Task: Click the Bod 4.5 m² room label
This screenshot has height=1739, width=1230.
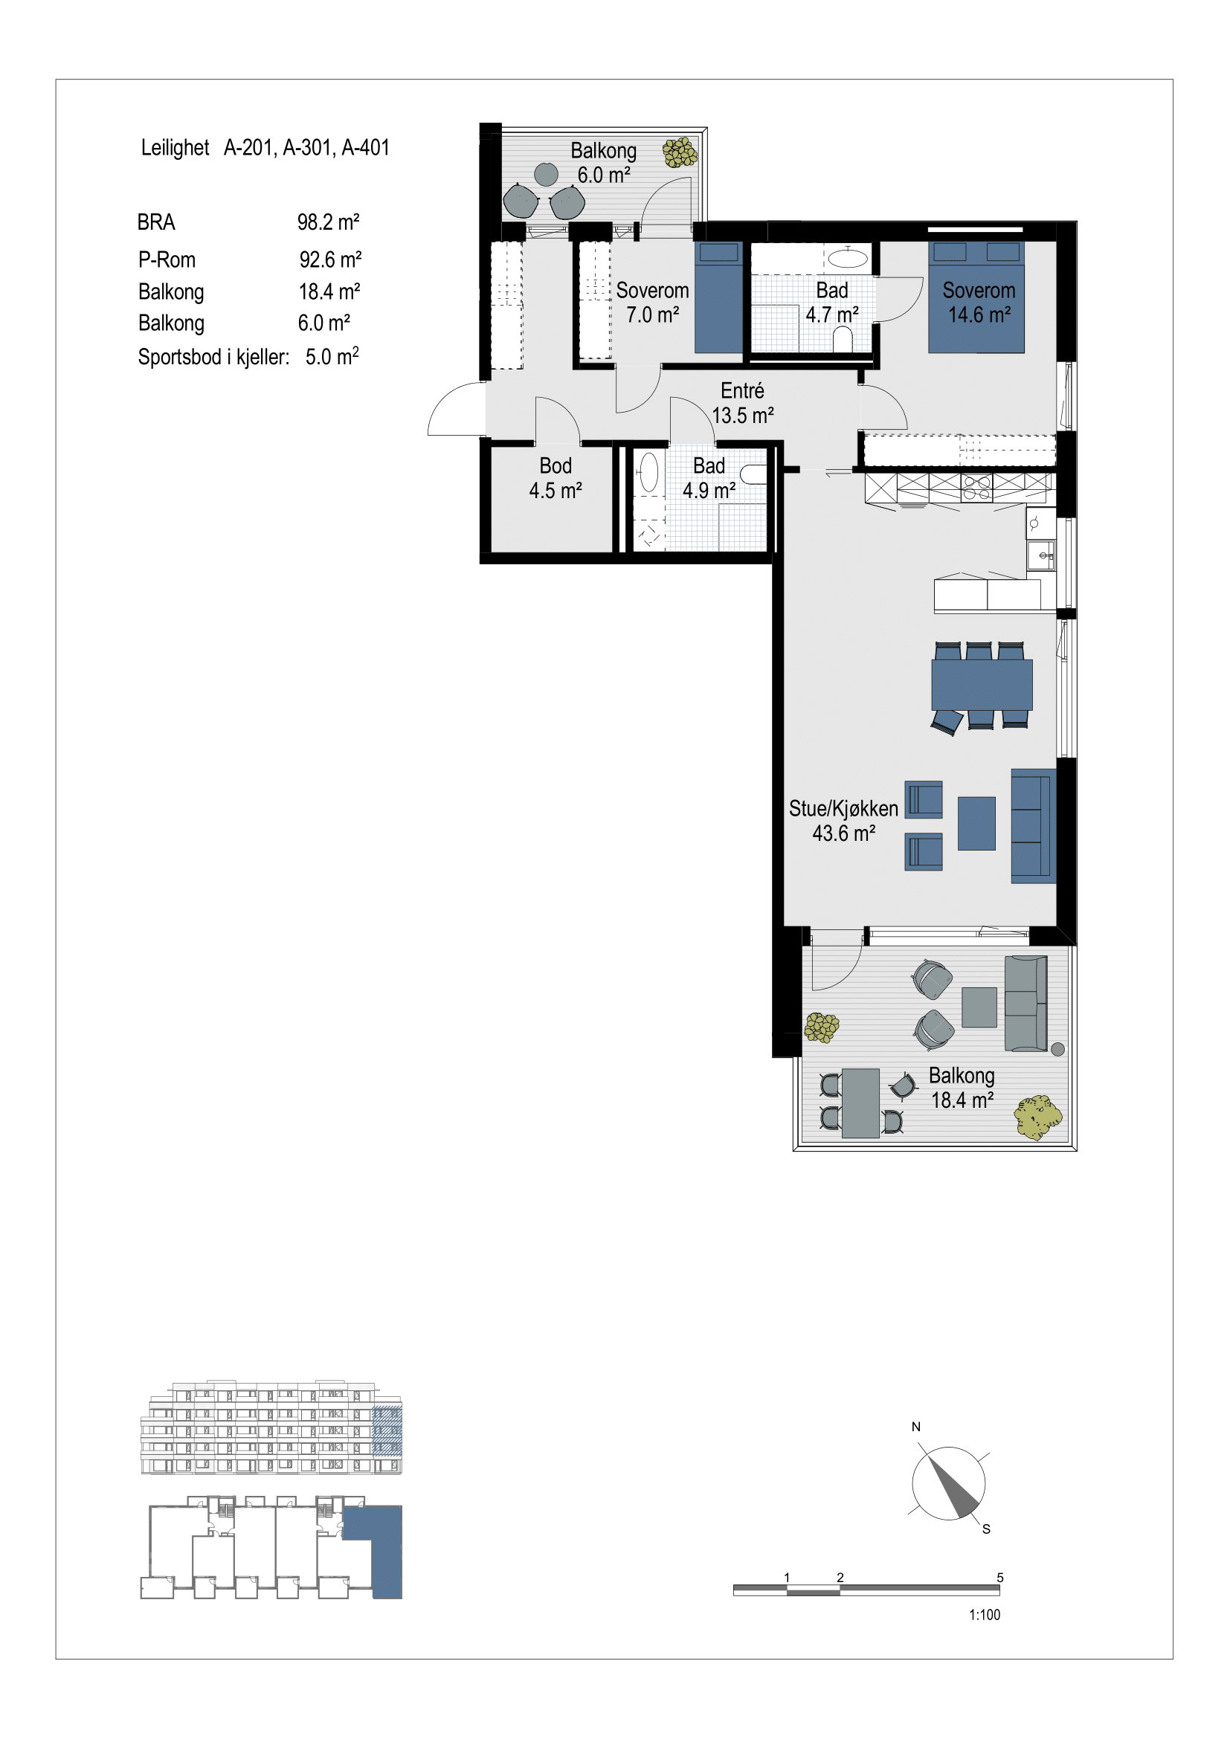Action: [556, 478]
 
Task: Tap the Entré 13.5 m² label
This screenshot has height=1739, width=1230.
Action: [742, 403]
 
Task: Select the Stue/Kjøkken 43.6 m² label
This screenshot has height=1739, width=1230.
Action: [843, 821]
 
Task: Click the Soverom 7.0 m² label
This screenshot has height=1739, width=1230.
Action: [652, 302]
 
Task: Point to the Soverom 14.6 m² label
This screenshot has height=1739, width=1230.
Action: [979, 302]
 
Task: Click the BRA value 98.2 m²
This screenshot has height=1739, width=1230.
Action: [328, 222]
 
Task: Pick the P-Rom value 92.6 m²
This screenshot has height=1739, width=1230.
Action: [330, 259]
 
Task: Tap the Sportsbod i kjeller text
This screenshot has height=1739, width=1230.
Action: [213, 357]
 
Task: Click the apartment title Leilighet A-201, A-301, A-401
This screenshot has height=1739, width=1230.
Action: [265, 147]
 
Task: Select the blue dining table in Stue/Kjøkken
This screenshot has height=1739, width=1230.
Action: [982, 685]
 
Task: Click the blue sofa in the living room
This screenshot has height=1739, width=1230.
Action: [1033, 826]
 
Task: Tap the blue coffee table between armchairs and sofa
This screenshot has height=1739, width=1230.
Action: [976, 823]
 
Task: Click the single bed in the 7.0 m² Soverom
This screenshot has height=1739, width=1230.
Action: [719, 297]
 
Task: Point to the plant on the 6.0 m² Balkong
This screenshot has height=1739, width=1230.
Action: [680, 152]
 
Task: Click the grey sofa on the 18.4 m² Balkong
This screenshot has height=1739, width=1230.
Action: [1026, 1004]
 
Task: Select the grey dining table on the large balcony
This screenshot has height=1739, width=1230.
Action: [860, 1103]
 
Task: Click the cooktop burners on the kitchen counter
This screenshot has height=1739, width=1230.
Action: [977, 488]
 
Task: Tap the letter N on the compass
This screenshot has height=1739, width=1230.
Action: [915, 1427]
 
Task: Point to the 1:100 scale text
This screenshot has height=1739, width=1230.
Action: [985, 1615]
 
